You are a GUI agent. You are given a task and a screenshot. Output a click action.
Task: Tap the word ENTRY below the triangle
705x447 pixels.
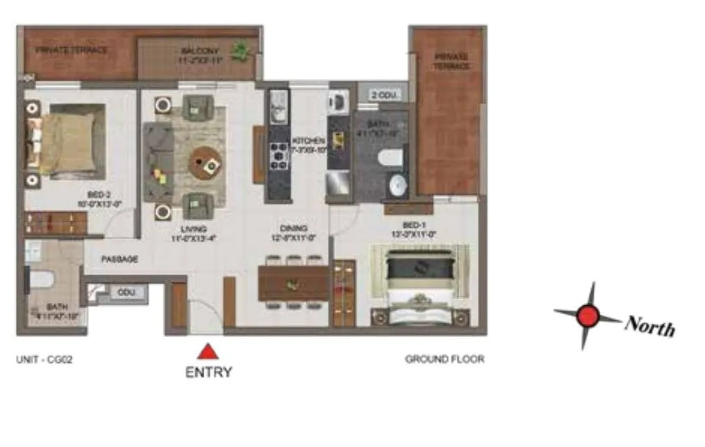(x=208, y=372)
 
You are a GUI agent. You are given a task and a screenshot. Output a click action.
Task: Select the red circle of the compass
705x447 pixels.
(x=588, y=316)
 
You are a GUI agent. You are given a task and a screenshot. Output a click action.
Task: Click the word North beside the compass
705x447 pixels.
(x=650, y=325)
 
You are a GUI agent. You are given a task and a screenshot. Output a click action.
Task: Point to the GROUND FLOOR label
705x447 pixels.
(x=445, y=359)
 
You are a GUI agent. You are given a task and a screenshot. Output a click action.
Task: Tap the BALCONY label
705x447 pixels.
(x=200, y=51)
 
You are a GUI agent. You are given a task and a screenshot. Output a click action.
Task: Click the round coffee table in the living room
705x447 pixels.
(x=206, y=162)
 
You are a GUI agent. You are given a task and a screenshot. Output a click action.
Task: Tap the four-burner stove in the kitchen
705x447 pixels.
(x=279, y=156)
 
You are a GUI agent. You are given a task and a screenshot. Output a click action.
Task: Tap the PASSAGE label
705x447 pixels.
(x=119, y=259)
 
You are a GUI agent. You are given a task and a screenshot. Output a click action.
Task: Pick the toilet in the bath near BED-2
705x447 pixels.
(x=41, y=280)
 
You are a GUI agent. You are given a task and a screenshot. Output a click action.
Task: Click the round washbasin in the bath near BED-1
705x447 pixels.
(x=397, y=186)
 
